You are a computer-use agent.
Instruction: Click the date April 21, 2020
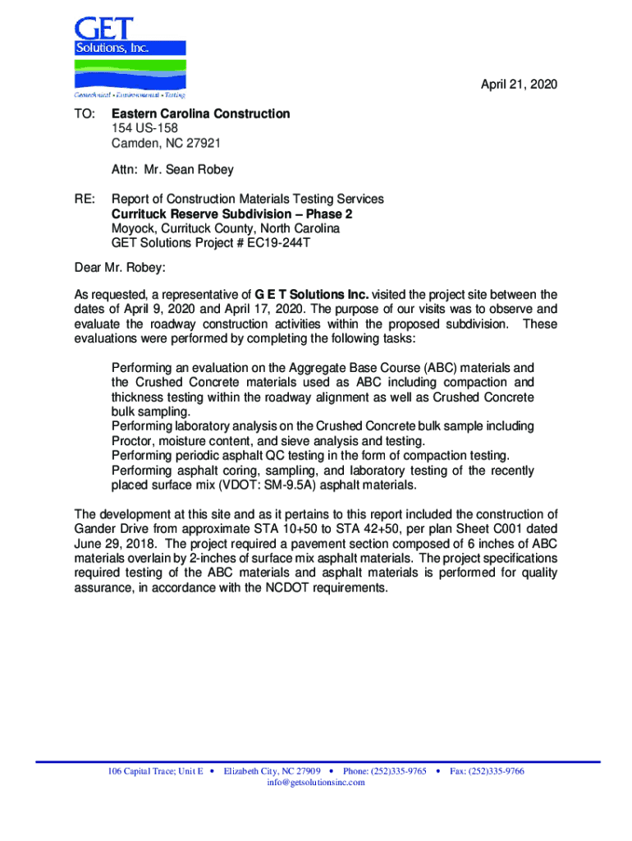pyautogui.click(x=519, y=85)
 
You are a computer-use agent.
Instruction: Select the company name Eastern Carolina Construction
pyautogui.click(x=200, y=113)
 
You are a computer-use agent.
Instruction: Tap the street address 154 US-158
pyautogui.click(x=144, y=128)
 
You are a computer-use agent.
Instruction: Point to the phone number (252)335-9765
pyautogui.click(x=397, y=772)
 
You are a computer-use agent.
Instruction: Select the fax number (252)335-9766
pyautogui.click(x=496, y=772)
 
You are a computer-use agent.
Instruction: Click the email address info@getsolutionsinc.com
pyautogui.click(x=316, y=783)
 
